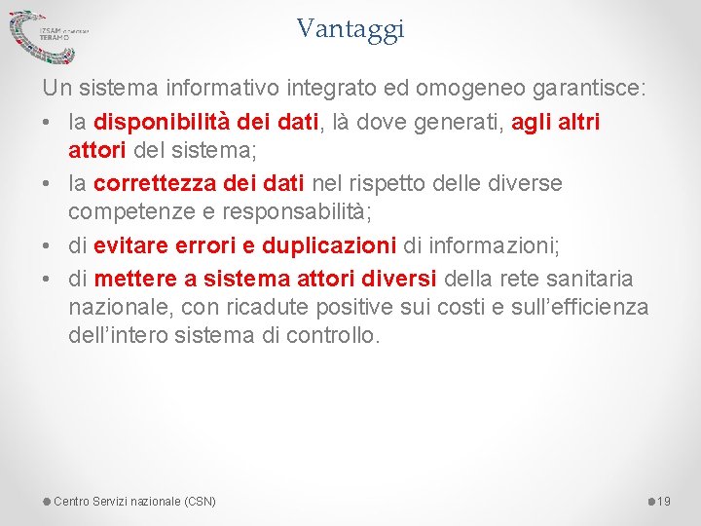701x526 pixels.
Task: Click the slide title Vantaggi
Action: pos(350,29)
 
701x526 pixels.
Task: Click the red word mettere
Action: pos(135,279)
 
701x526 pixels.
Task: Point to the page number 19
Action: pos(664,502)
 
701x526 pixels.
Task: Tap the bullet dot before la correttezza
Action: pos(48,183)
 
